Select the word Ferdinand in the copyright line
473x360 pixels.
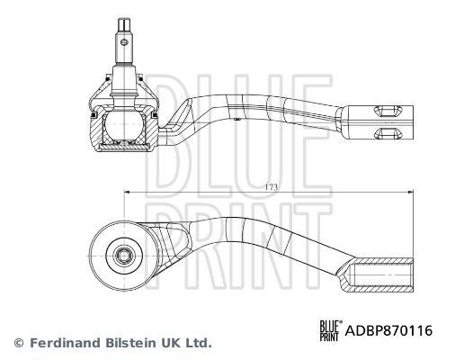pyautogui.click(x=62, y=343)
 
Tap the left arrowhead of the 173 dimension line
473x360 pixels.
pyautogui.click(x=128, y=191)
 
